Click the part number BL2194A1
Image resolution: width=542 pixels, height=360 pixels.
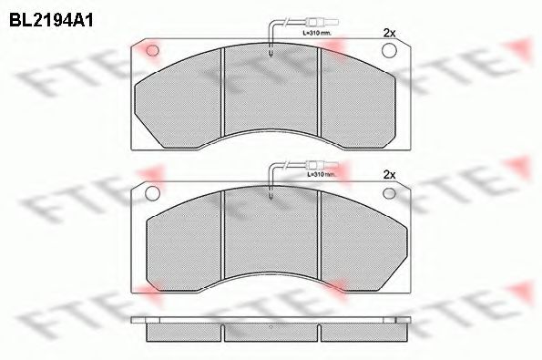pos(53,16)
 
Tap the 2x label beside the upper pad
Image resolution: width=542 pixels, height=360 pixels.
pos(390,33)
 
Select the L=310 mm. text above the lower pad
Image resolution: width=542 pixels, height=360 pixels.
pos(320,173)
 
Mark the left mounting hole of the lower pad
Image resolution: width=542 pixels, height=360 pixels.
pos(152,192)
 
